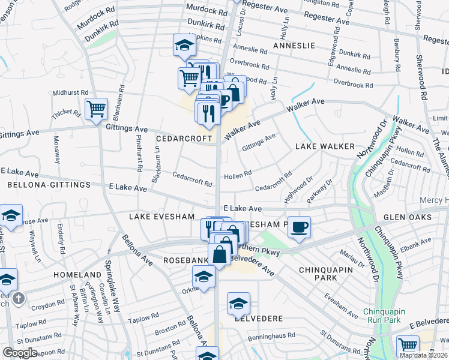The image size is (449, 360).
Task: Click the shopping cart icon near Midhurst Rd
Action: click(x=96, y=109)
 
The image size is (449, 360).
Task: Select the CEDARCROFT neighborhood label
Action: click(x=184, y=138)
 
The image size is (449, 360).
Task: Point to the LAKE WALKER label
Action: click(x=325, y=146)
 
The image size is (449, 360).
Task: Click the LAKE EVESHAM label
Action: click(x=162, y=217)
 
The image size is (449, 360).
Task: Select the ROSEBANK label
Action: click(x=185, y=260)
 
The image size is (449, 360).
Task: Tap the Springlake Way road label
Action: click(x=113, y=284)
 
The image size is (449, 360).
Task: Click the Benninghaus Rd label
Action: click(x=267, y=335)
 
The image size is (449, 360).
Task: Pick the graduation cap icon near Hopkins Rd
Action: click(x=184, y=44)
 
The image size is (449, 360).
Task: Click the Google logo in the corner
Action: click(x=20, y=353)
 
